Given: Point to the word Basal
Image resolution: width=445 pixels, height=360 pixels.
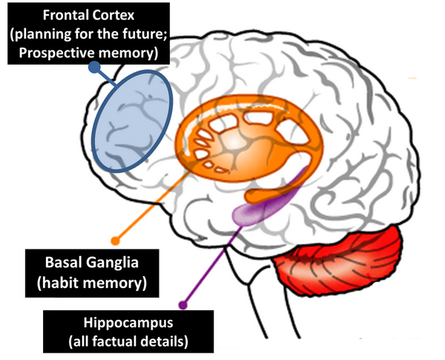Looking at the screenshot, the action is [64, 262].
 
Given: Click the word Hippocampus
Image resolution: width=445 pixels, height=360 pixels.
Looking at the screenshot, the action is [128, 324].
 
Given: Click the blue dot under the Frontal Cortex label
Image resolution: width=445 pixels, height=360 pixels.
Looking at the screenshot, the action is [94, 67].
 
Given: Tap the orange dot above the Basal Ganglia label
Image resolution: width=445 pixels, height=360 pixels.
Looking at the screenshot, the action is [115, 240].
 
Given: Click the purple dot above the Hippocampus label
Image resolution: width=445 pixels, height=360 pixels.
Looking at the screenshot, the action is [183, 305].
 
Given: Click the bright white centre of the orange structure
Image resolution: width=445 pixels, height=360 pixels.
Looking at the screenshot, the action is [234, 143].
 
